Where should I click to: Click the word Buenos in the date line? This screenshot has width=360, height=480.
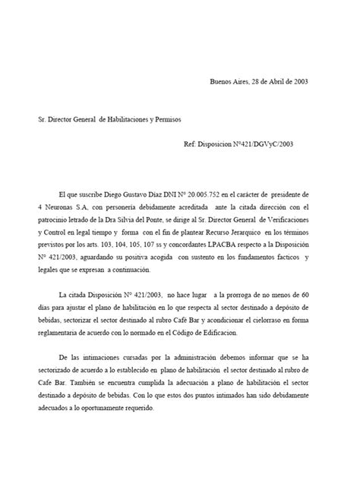[x=221, y=82]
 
